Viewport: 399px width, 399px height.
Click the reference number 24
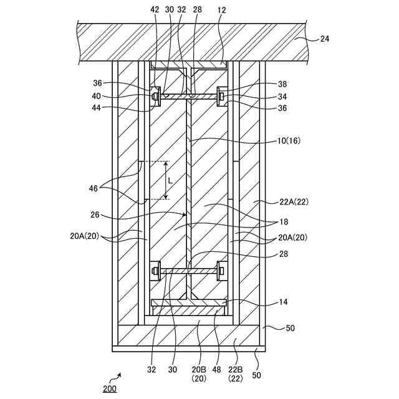click(324, 39)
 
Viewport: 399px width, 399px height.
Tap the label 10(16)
click(289, 141)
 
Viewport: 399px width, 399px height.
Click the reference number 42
click(155, 11)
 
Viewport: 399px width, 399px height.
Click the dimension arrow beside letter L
click(166, 180)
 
